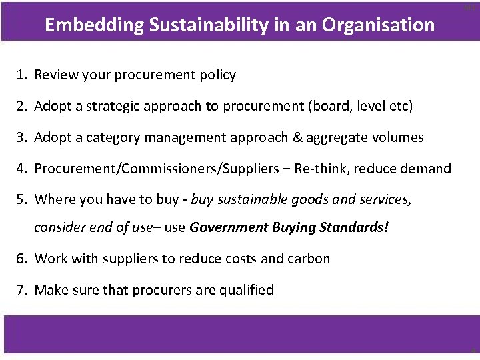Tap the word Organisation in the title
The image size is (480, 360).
pos(379,25)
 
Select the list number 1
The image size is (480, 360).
pos(21,75)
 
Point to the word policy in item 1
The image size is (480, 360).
pos(217,75)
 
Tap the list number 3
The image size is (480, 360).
pos(21,137)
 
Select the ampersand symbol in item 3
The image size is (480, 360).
pos(297,137)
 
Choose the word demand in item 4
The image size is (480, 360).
pos(425,169)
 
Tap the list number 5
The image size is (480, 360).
pos(21,199)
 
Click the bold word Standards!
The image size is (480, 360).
pos(354,227)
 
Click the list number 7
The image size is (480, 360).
pos(21,290)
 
